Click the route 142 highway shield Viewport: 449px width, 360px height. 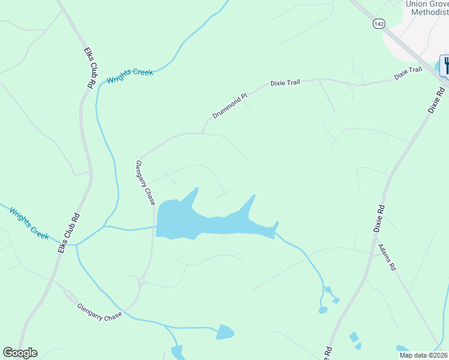[378, 23]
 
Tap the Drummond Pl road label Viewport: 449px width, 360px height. [230, 106]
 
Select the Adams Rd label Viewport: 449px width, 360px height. [387, 256]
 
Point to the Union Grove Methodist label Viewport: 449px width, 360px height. [427, 8]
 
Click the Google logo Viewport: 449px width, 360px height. [20, 353]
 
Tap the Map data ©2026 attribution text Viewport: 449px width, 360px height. [423, 355]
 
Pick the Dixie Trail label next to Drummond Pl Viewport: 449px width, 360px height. [285, 82]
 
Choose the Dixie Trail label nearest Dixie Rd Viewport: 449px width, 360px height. [408, 74]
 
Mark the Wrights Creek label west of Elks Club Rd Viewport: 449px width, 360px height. [29, 223]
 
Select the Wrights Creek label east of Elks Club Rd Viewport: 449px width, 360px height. [130, 76]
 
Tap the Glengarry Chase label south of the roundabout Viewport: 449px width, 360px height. [100, 310]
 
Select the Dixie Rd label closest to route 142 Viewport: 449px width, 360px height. [436, 100]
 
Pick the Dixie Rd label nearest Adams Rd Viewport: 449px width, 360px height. [379, 218]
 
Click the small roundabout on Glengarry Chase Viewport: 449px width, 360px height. [142, 280]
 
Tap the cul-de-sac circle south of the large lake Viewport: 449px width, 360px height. [238, 257]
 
